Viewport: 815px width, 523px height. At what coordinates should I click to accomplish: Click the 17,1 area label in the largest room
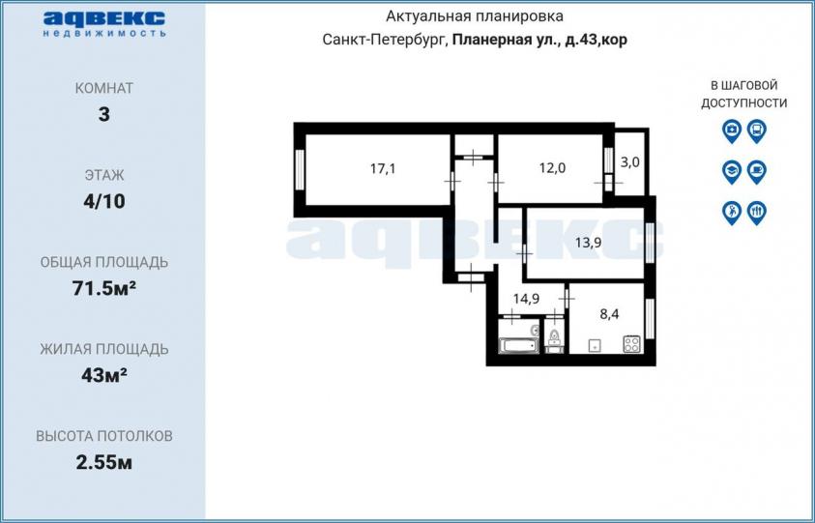[383, 168]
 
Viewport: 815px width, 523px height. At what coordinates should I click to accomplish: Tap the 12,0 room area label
[552, 168]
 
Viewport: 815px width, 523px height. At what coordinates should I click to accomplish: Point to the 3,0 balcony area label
[630, 162]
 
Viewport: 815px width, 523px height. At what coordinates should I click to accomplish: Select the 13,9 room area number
[589, 243]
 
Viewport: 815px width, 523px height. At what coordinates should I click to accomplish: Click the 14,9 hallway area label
[526, 299]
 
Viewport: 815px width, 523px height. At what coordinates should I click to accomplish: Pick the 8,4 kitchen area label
[609, 314]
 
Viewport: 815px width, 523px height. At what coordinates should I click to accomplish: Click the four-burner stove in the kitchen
[632, 343]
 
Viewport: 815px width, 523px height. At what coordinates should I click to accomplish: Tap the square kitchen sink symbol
[595, 346]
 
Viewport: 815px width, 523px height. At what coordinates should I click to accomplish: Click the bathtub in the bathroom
[517, 346]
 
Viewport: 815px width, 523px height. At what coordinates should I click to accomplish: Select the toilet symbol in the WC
[554, 339]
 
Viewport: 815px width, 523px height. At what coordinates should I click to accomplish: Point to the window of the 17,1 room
[300, 169]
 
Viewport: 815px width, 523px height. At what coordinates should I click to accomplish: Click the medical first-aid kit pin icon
[732, 131]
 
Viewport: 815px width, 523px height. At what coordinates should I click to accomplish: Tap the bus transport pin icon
[757, 131]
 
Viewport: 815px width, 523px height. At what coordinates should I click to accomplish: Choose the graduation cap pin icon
[732, 171]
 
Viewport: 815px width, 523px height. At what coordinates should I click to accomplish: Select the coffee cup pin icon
[757, 171]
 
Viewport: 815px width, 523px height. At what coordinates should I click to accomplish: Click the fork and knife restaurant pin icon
[757, 213]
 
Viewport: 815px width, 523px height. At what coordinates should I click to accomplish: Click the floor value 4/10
[104, 201]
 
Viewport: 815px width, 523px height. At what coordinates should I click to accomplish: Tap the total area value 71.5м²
[104, 288]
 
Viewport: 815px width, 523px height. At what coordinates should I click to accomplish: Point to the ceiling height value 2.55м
[104, 462]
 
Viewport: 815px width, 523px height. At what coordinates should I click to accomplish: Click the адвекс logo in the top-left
[104, 23]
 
